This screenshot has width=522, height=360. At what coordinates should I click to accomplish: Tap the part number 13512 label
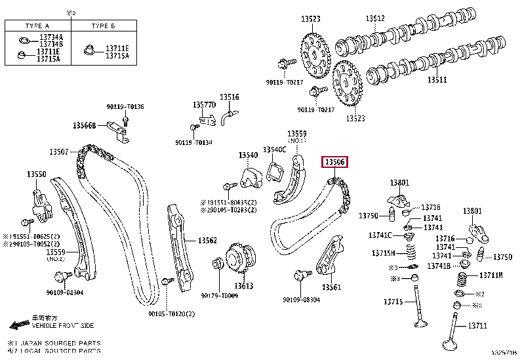(374, 18)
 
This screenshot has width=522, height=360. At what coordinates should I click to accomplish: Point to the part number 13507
(58, 152)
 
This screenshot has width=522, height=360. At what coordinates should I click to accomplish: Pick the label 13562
(208, 241)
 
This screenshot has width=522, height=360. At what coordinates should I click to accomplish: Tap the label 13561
(332, 287)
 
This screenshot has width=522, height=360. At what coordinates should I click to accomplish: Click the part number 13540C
(274, 150)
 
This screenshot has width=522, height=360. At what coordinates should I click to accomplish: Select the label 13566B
(85, 125)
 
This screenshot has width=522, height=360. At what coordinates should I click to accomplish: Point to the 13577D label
(204, 105)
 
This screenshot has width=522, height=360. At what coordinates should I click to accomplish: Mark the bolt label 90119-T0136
(125, 106)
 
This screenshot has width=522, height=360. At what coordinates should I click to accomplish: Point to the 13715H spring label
(384, 253)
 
